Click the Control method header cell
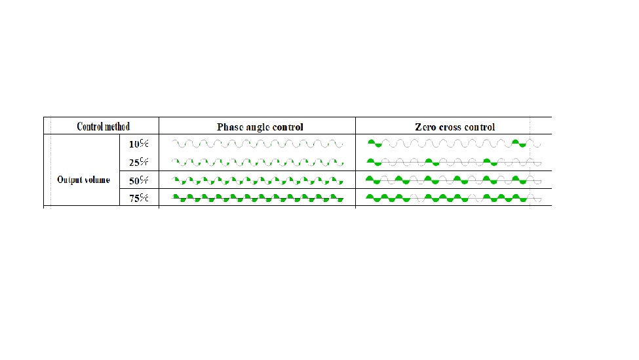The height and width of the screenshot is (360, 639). coord(103,127)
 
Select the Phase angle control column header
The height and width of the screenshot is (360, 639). coord(260,127)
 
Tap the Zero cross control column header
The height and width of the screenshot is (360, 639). coord(455,127)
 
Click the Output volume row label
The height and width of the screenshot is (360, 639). coord(83,180)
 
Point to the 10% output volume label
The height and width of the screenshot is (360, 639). coord(138,144)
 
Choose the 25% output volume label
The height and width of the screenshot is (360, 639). coord(138,162)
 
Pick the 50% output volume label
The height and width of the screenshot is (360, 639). coord(138,180)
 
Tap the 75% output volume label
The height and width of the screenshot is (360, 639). coord(138,198)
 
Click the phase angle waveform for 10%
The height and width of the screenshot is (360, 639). coord(257,144)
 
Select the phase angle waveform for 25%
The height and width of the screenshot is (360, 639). coord(257,162)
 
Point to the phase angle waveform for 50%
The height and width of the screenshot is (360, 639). coord(257,180)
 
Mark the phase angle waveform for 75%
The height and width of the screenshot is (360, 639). coord(257,198)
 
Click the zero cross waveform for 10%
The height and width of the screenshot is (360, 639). coord(454,144)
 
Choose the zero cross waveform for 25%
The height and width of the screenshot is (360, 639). coord(454,162)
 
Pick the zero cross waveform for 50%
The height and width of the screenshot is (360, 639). coord(454,180)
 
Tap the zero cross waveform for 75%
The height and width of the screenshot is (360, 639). coord(454,198)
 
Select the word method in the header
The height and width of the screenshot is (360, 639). coord(117,127)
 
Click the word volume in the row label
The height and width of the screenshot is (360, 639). coord(98,180)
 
